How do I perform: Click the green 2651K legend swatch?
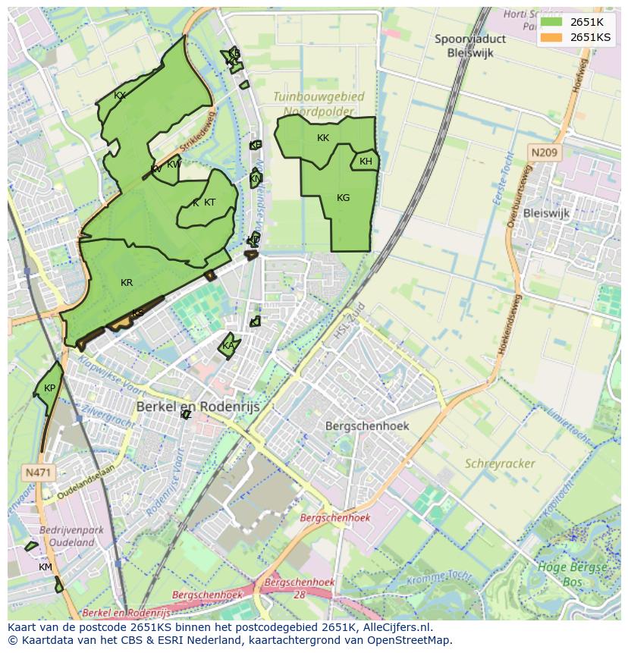tap(551, 22)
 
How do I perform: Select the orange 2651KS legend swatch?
tap(551, 37)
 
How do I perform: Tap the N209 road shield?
tap(543, 153)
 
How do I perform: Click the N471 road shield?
tap(38, 472)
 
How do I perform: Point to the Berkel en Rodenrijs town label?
tap(198, 407)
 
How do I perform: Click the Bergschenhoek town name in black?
tap(367, 425)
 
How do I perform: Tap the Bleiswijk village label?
tap(545, 213)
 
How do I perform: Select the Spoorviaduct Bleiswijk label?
tap(470, 45)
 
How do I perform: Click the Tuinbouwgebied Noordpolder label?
tap(319, 104)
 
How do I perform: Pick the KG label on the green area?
tap(343, 198)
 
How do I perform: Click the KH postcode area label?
tap(366, 162)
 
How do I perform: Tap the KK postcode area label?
tap(323, 138)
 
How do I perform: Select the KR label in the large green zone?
tap(127, 283)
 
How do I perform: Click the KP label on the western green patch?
tap(49, 388)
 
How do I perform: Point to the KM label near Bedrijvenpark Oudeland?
tap(46, 567)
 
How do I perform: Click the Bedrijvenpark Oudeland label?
tap(71, 536)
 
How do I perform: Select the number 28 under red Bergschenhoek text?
tap(300, 595)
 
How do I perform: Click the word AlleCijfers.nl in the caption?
tap(395, 627)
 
